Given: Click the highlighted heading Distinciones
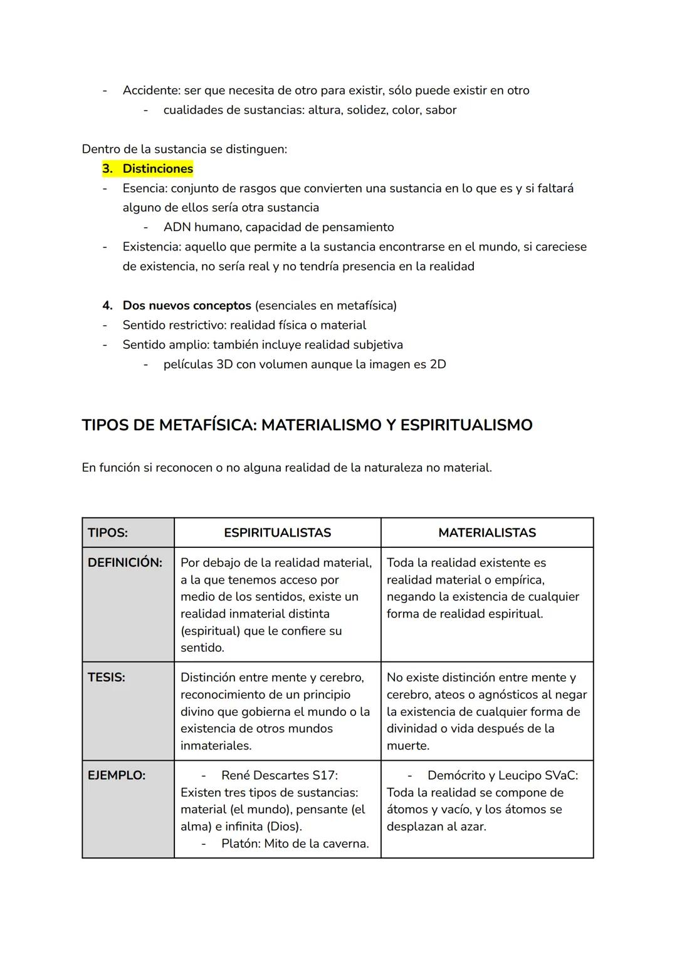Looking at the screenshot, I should coord(157,168).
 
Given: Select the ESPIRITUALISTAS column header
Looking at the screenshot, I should coord(277,533).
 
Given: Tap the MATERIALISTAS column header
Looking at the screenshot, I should coord(487,533).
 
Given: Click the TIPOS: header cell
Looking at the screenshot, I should coord(108,533).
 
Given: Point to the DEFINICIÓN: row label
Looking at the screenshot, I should coord(125,562).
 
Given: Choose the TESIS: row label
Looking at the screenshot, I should coord(107,678).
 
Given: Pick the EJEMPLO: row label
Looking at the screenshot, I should coord(117,775).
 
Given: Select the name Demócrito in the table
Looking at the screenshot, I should coord(456,775).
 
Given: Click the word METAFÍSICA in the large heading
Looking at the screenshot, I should coord(207,425).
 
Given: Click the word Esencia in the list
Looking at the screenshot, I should coord(144,188).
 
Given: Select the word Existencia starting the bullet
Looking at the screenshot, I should coord(150,247).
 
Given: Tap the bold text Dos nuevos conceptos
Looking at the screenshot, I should coord(187,306).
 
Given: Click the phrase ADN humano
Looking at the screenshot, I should coord(199,227).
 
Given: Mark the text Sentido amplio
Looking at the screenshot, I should coord(165,345).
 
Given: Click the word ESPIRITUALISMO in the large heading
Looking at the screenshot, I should coord(466,425).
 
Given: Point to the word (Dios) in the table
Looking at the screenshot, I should coord(285,827).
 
